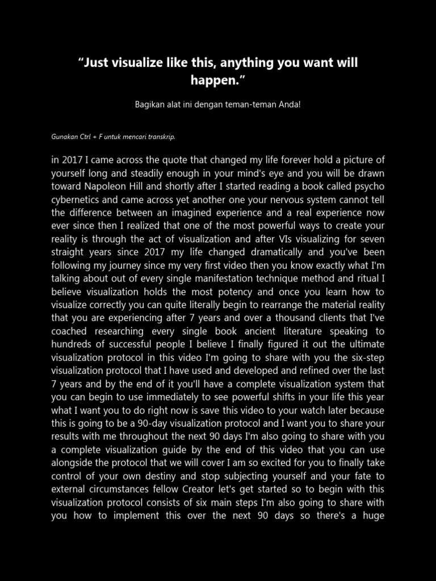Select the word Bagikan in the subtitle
(149, 105)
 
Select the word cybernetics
(77, 200)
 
